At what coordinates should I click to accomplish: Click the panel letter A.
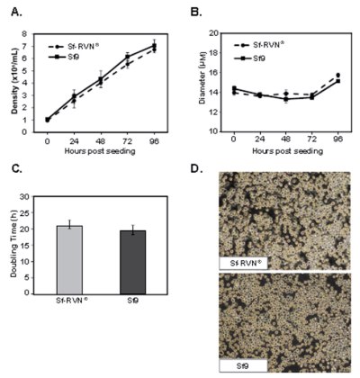(x=12, y=12)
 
